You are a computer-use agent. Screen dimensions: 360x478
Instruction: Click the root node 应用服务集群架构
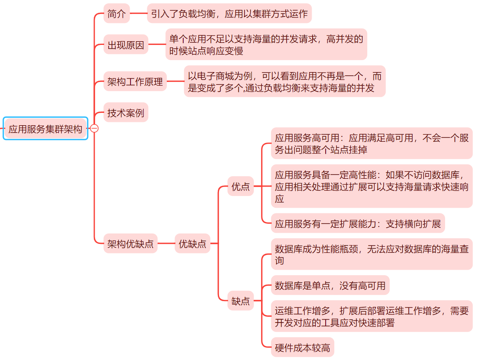45,129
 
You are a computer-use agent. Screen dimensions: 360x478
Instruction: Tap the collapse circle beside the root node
94,129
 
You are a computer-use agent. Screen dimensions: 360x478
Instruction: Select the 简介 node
117,14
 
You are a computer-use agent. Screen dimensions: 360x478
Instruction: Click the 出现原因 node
126,45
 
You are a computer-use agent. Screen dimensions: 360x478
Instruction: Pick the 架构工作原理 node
135,81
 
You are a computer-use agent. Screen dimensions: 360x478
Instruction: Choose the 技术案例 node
126,112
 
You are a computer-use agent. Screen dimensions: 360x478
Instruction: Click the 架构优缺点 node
130,243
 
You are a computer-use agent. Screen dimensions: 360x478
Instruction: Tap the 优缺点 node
192,243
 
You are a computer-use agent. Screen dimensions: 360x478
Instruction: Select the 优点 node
240,187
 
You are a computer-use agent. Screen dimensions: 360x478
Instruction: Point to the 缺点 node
240,301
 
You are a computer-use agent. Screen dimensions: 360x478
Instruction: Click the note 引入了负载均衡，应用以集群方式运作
229,14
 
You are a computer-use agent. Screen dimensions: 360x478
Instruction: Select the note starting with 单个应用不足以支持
266,45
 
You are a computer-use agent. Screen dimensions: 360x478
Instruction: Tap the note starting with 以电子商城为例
284,81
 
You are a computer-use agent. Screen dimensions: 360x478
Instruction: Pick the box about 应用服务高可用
371,143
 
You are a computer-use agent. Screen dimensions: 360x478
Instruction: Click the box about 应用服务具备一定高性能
371,187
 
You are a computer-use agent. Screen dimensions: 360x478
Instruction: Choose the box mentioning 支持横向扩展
358,224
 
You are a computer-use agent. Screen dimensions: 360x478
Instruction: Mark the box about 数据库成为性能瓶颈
371,254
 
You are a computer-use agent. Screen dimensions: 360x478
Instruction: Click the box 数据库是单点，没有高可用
330,285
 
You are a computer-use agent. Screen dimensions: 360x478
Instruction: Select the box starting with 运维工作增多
371,316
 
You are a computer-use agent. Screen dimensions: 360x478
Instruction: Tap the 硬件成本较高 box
302,347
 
